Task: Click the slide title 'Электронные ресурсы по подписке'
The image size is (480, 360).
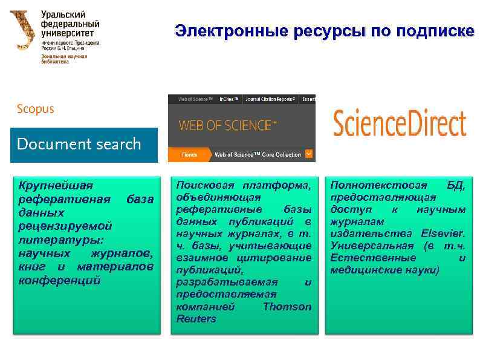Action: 325,31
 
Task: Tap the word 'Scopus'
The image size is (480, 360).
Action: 36,109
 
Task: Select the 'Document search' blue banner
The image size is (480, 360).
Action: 83,145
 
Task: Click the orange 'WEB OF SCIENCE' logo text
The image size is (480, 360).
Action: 227,126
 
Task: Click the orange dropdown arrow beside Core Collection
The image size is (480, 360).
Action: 310,154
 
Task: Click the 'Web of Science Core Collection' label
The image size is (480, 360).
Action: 258,155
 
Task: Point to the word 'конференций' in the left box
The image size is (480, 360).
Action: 59,281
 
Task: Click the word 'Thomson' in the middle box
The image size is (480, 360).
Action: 287,306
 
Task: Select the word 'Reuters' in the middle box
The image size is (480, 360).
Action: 196,319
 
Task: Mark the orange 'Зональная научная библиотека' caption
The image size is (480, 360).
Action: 64,59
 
